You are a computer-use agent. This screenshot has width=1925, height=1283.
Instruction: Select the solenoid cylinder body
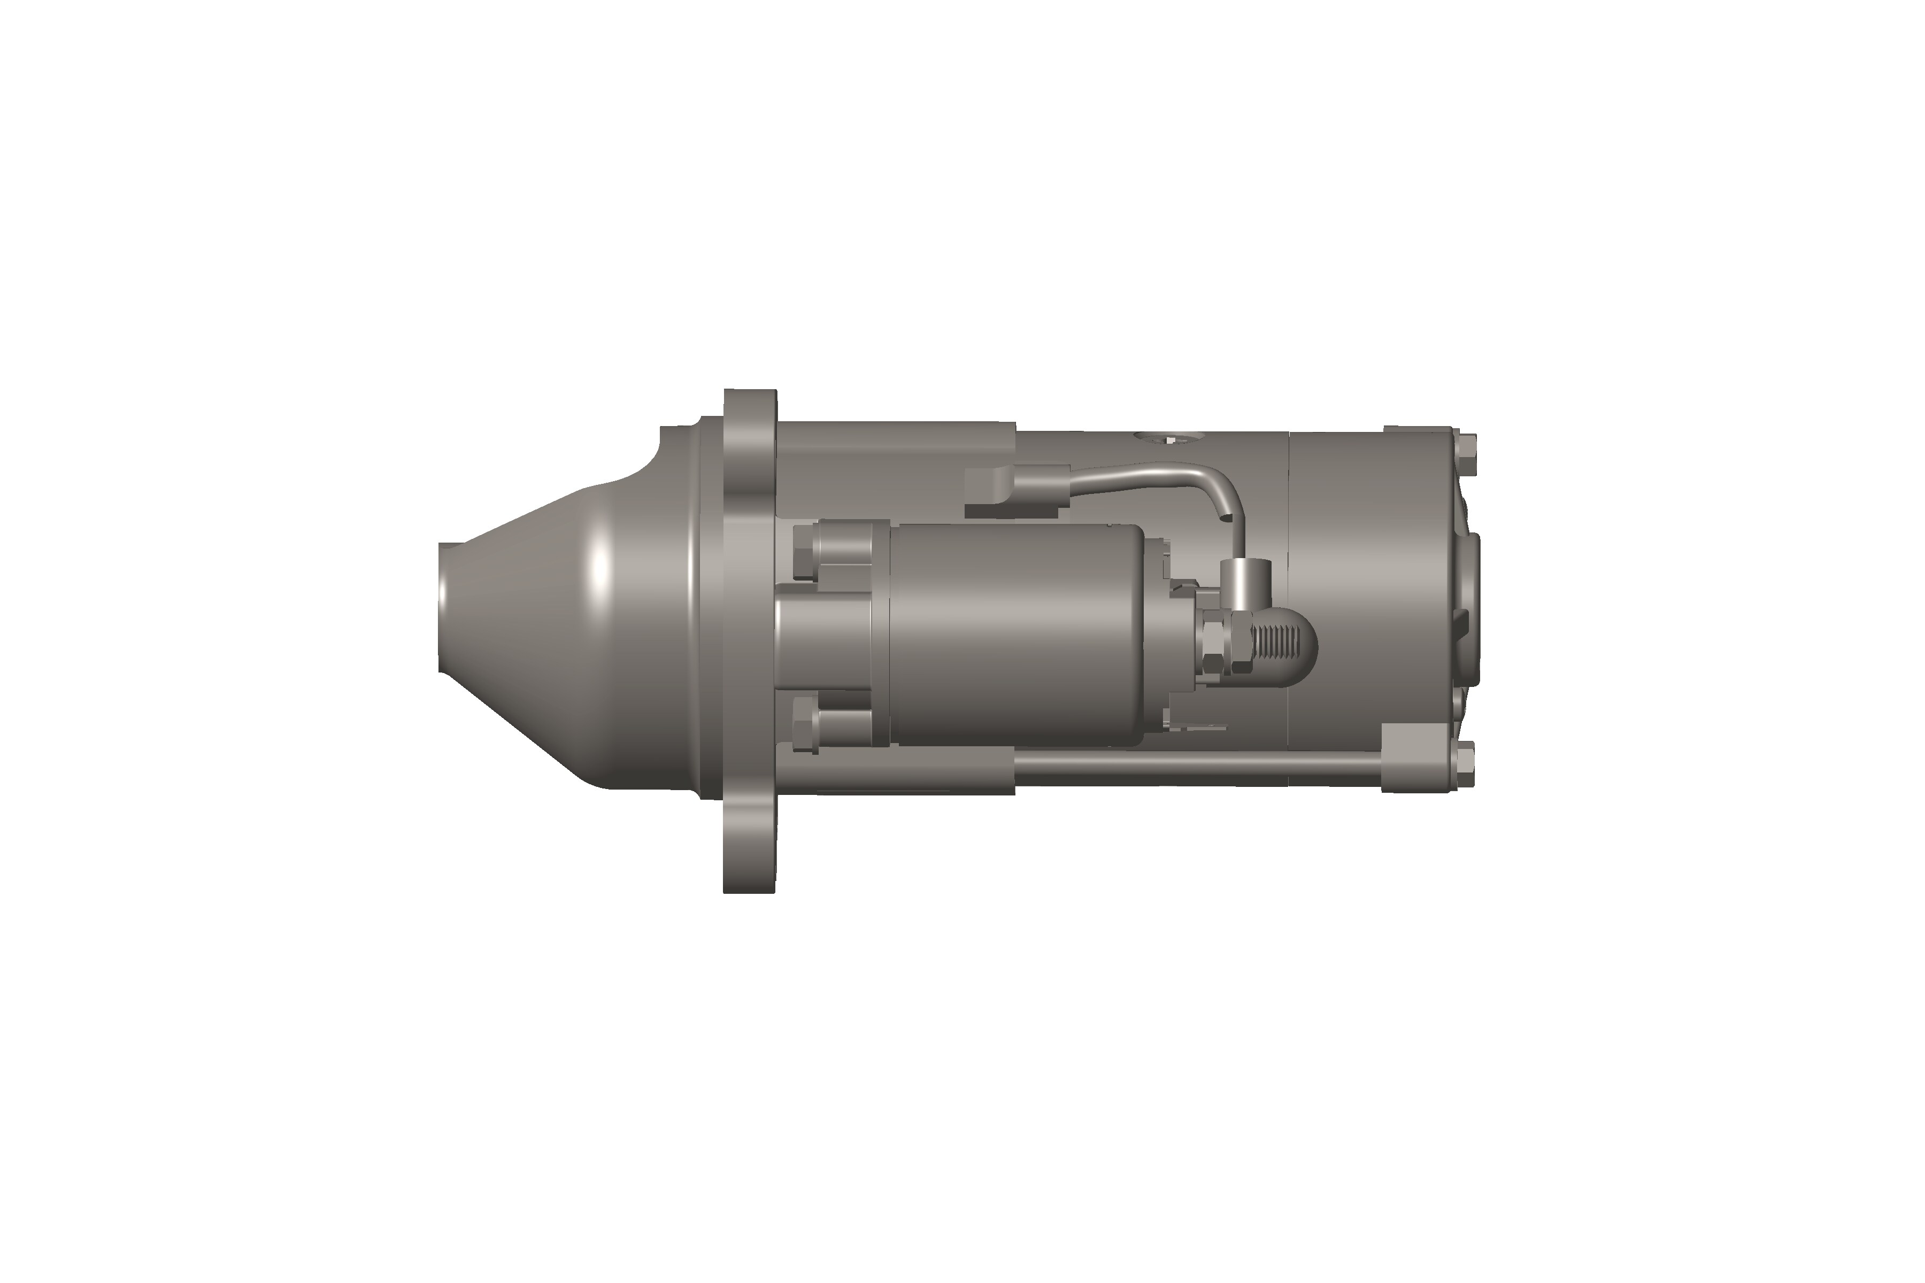(x=1015, y=634)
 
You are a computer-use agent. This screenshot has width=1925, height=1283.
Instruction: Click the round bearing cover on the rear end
(x=1473, y=609)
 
